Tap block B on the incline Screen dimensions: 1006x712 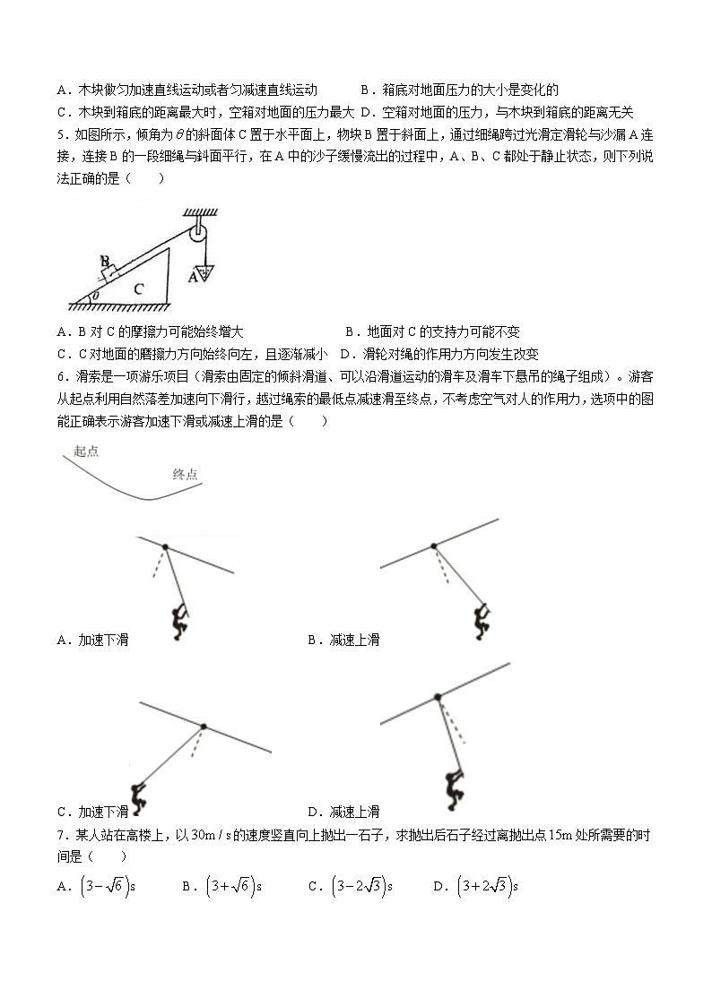(x=108, y=266)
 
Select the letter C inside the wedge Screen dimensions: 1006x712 (x=138, y=288)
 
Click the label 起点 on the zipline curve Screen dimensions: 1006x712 (x=86, y=451)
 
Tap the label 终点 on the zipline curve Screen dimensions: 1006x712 (x=185, y=475)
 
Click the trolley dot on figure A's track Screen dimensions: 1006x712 (x=165, y=546)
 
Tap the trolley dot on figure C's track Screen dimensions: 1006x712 (x=204, y=726)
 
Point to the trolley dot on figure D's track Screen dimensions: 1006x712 (x=437, y=696)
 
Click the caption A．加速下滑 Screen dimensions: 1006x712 (x=92, y=640)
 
